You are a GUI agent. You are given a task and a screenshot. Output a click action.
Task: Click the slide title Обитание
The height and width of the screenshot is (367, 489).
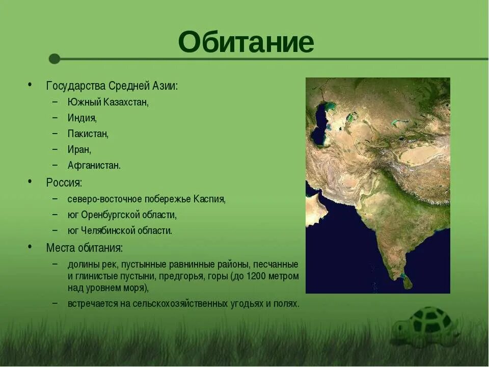coord(246,42)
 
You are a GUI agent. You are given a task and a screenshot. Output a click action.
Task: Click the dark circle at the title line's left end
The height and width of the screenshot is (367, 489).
coord(55,59)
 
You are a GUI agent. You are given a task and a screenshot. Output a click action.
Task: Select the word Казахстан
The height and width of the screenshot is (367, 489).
coord(126,102)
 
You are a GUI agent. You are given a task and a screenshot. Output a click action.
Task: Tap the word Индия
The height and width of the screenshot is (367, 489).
coord(82,118)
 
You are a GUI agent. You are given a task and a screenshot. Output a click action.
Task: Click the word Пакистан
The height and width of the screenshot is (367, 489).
coord(88,134)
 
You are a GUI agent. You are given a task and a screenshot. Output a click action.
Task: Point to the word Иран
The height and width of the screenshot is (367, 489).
coord(79,150)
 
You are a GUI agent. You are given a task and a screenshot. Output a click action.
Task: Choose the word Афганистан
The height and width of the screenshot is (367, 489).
coord(94,165)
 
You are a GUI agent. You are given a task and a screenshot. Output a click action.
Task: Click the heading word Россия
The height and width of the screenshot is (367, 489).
coord(64,182)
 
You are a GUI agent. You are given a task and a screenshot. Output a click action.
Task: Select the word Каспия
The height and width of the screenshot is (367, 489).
coord(209,199)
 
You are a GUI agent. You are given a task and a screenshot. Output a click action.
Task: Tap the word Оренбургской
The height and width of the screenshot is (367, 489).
coord(110,215)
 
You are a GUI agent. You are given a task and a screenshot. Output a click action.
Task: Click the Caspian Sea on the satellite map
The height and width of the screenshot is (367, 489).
coord(320,125)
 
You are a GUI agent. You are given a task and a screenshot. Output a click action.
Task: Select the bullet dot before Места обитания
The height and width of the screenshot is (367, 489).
coord(30,247)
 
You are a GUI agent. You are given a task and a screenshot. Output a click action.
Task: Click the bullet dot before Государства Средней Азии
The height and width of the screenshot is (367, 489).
coord(30,85)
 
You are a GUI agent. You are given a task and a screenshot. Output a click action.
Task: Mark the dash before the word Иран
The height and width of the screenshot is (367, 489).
coord(55,149)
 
